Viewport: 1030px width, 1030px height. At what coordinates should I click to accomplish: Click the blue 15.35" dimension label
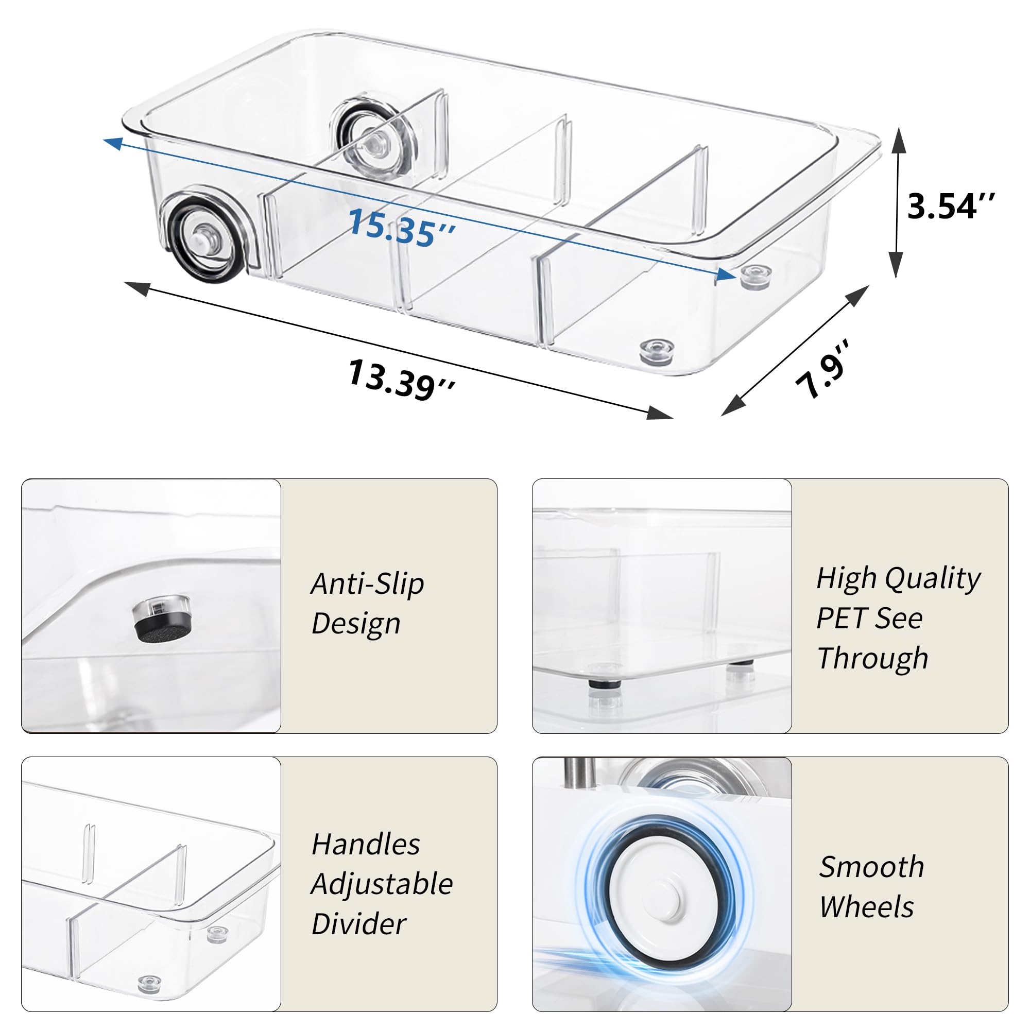click(x=401, y=228)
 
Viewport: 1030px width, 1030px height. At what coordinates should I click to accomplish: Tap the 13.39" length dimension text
click(x=401, y=380)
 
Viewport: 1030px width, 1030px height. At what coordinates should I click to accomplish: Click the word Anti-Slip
click(x=367, y=584)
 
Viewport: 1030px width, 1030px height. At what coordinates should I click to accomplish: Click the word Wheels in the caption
click(x=866, y=907)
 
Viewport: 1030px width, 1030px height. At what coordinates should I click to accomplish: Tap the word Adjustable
click(x=382, y=884)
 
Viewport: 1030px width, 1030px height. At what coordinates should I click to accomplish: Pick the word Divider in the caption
click(x=358, y=924)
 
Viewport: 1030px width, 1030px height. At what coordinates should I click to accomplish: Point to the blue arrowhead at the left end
click(x=112, y=142)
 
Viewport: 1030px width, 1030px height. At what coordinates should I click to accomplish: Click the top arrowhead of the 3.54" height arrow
click(x=898, y=140)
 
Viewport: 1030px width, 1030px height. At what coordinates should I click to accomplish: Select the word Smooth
click(x=871, y=867)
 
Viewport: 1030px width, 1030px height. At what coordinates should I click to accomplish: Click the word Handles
click(x=366, y=845)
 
